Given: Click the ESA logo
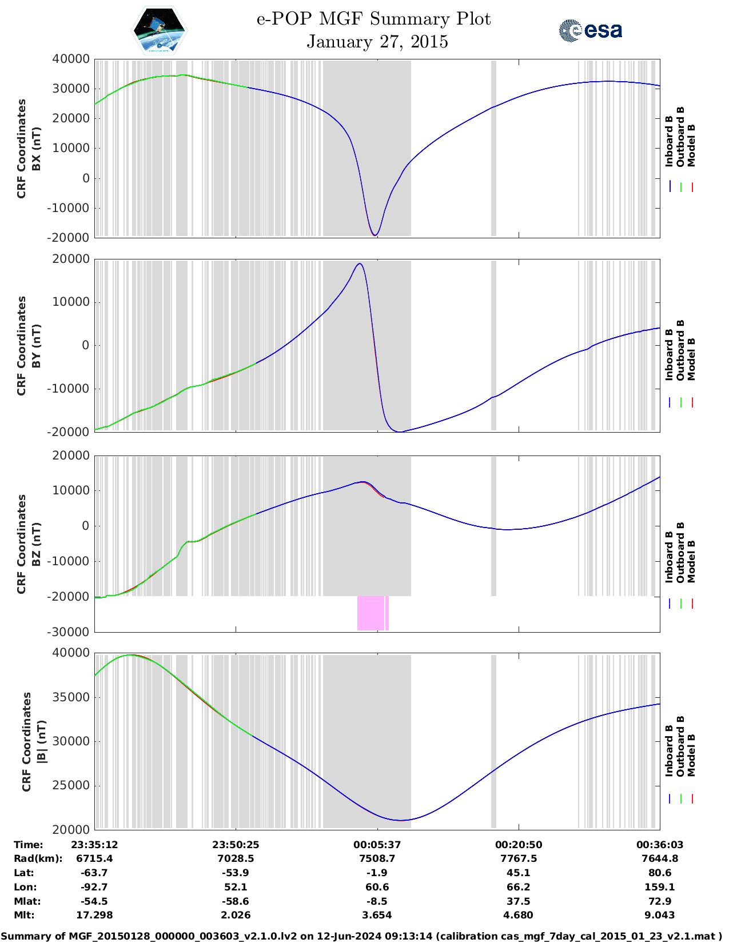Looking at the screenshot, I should pos(590,30).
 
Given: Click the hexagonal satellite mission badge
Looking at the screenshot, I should pos(160,30).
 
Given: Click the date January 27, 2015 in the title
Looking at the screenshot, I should pos(377,42).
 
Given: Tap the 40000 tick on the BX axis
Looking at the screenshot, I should pos(70,59).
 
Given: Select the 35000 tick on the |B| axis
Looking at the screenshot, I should pos(71,697).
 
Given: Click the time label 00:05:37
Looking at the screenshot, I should pos(377,845).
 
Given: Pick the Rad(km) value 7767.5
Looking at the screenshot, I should pos(519,858).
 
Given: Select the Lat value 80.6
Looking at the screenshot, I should pos(660,873).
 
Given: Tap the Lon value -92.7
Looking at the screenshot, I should pos(94,887).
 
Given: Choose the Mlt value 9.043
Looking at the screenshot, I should pos(660,915).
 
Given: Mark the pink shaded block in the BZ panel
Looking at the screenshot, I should pos(372,613).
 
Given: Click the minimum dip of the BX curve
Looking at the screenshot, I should pos(375,235).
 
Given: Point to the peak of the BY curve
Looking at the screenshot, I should pos(359,263).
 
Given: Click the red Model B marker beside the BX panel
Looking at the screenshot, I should pos(692,187).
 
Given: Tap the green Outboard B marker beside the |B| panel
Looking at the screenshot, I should pos(681,799).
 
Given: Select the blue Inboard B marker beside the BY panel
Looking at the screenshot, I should pos(670,402).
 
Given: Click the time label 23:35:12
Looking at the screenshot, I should pos(94,845).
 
